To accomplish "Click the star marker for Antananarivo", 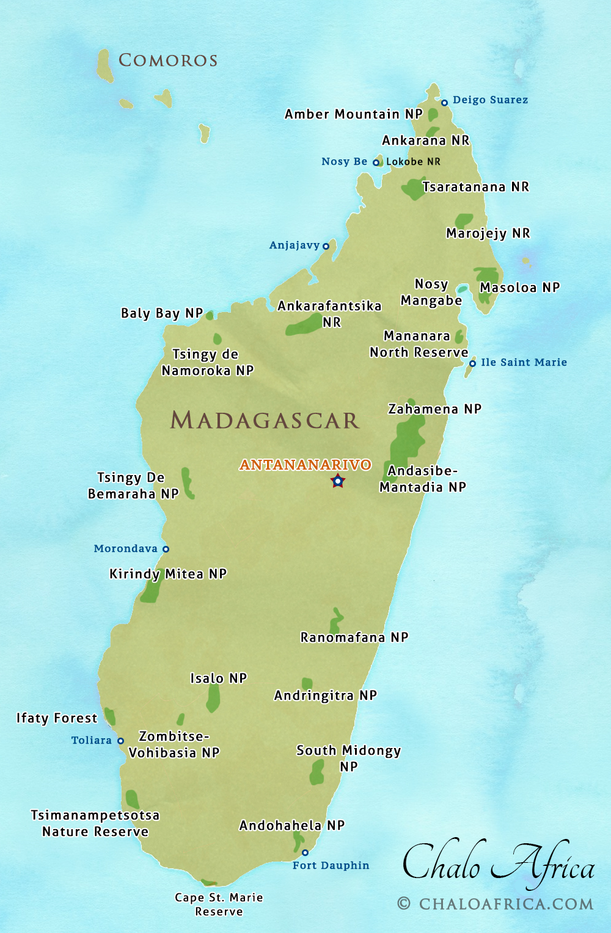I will (x=337, y=481).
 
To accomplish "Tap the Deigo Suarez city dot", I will (x=445, y=103).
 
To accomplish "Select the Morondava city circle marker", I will (x=166, y=549).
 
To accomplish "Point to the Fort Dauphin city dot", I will (x=305, y=852).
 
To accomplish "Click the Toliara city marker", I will (x=120, y=741).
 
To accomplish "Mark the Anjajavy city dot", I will (x=326, y=246).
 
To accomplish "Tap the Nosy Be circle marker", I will (x=376, y=162).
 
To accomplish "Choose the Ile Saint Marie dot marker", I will (x=472, y=363).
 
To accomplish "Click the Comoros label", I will (x=168, y=60).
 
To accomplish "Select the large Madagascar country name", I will (x=264, y=420).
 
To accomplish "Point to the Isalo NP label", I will (x=218, y=678).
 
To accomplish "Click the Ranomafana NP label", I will (x=354, y=637).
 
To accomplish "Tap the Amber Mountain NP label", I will (x=354, y=114).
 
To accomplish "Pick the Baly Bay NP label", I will (x=162, y=313).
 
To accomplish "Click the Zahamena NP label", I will (x=435, y=409).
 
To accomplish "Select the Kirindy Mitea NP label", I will (x=168, y=574).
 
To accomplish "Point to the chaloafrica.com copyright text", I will (x=496, y=904).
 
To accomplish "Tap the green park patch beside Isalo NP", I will (x=213, y=698).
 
